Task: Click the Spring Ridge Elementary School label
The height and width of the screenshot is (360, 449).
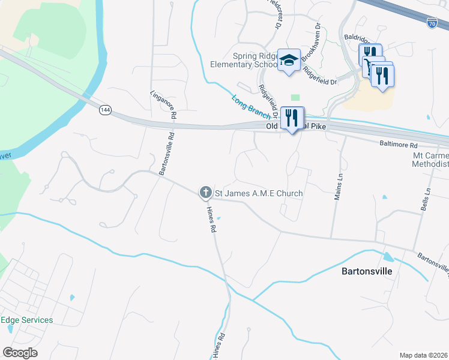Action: (244, 59)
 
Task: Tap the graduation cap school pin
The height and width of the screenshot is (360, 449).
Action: (289, 61)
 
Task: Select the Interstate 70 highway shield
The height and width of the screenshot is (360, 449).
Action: (432, 23)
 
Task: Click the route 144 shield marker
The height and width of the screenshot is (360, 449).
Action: (106, 110)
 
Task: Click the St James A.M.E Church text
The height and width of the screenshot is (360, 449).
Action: (259, 193)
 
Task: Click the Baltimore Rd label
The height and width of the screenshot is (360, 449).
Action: (398, 145)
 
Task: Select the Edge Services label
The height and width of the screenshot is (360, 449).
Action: (26, 320)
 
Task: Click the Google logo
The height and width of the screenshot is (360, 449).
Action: (20, 353)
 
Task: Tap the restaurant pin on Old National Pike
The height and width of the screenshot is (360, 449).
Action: (292, 118)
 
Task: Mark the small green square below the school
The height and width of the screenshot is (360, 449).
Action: (295, 97)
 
